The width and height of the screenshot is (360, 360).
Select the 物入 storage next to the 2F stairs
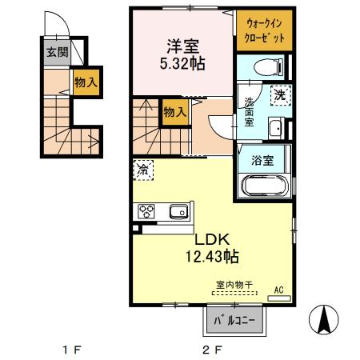[x=174, y=112]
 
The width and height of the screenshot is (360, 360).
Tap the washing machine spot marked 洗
[x=281, y=94]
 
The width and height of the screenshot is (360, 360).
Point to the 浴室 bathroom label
[x=264, y=159]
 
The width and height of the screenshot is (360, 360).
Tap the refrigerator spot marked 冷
[x=142, y=170]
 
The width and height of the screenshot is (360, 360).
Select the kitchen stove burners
[x=147, y=212]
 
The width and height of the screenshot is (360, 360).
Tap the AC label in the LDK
[x=280, y=290]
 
